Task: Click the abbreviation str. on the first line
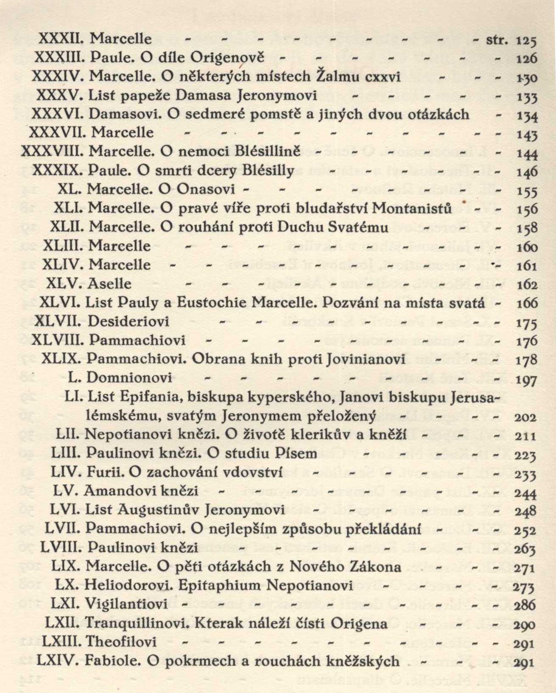click(x=497, y=40)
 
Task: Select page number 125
click(x=526, y=41)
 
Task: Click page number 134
click(x=526, y=116)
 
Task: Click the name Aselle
click(x=109, y=283)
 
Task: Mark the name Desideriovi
click(x=128, y=321)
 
